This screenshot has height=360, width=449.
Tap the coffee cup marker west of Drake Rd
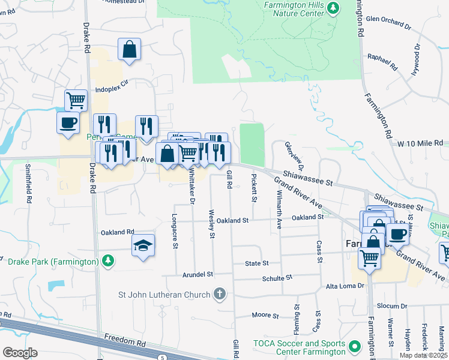pos(68,123)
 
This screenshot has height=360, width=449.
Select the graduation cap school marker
pos(143,245)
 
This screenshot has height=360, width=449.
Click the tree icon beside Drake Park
pos(107,261)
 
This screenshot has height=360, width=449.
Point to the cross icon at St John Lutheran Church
pos(220,294)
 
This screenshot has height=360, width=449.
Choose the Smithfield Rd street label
pos(28,184)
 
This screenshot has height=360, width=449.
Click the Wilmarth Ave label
pos(279,211)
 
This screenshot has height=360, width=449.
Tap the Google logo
pos(20,352)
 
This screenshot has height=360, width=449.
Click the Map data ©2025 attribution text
pos(422,355)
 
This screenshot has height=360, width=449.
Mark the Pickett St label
pos(254,187)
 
